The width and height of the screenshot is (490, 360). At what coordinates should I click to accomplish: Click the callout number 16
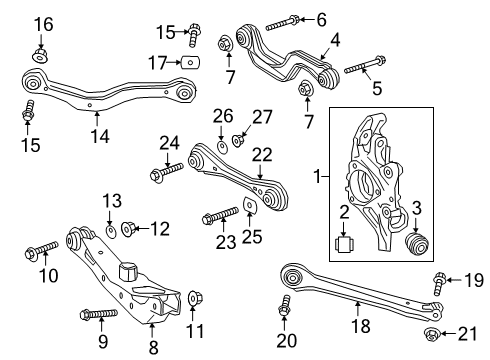tap(43, 25)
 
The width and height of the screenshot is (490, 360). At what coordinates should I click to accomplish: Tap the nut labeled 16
tap(41, 56)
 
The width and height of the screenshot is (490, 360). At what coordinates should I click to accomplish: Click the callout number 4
tap(335, 40)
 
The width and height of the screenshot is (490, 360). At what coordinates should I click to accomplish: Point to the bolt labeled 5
tap(365, 65)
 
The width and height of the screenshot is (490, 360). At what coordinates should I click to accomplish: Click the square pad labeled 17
tap(190, 62)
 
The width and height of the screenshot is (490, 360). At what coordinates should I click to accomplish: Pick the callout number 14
tap(100, 136)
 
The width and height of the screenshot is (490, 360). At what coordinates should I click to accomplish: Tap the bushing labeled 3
tap(416, 244)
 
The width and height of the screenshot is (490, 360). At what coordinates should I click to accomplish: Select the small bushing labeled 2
tap(344, 245)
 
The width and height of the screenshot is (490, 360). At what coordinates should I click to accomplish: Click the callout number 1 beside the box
tap(318, 176)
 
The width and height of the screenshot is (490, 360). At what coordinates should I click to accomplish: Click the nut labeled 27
tap(238, 141)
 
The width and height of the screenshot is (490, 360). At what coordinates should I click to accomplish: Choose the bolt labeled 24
tap(167, 170)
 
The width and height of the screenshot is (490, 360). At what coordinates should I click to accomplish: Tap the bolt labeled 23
tap(220, 215)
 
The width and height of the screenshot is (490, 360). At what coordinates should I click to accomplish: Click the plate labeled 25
tap(250, 205)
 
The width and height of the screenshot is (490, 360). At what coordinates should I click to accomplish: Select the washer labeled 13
tap(111, 231)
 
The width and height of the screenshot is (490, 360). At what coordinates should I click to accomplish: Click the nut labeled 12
tap(128, 229)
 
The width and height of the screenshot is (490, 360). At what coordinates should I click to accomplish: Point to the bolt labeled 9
tap(99, 314)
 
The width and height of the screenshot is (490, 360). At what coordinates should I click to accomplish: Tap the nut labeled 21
tap(432, 333)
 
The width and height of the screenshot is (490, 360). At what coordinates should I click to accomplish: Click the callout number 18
tap(361, 325)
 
